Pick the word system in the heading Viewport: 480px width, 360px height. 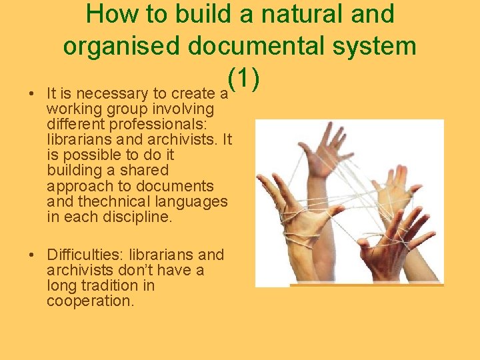click(380, 46)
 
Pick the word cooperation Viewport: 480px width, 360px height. click(90, 301)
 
